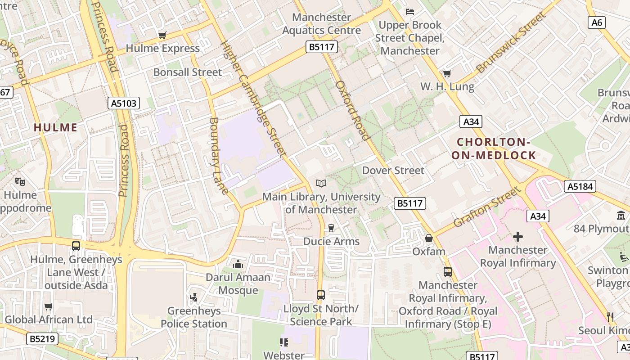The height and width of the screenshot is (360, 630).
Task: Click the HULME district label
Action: pyautogui.click(x=55, y=127)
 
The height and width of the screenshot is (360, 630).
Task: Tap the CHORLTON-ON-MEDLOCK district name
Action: pyautogui.click(x=496, y=149)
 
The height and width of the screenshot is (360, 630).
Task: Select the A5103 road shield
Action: pyautogui.click(x=124, y=103)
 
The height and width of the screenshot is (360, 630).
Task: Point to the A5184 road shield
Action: pyautogui.click(x=580, y=186)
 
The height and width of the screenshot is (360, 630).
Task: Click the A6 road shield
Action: pyautogui.click(x=596, y=22)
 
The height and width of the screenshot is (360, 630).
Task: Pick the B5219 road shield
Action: pyautogui.click(x=43, y=339)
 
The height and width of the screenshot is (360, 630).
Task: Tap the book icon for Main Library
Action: pyautogui.click(x=321, y=183)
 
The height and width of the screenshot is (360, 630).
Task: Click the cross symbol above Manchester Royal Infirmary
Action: pyautogui.click(x=518, y=236)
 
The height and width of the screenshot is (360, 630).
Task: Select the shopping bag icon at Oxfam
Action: pyautogui.click(x=429, y=238)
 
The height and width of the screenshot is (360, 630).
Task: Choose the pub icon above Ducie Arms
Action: pyautogui.click(x=331, y=228)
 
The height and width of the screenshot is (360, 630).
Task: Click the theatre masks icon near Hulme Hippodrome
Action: pyautogui.click(x=20, y=182)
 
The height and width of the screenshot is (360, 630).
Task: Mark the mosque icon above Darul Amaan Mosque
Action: pyautogui.click(x=238, y=264)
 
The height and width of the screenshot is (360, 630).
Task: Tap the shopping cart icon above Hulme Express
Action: pyautogui.click(x=162, y=35)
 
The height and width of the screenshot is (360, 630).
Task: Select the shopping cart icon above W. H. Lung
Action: pyautogui.click(x=447, y=73)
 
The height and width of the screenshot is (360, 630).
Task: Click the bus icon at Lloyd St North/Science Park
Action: pyautogui.click(x=320, y=295)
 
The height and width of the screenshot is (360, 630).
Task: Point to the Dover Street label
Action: pyautogui.click(x=393, y=171)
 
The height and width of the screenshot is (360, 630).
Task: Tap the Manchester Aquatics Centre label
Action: pyautogui.click(x=321, y=24)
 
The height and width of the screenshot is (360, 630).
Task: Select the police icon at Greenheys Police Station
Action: pyautogui.click(x=194, y=297)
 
